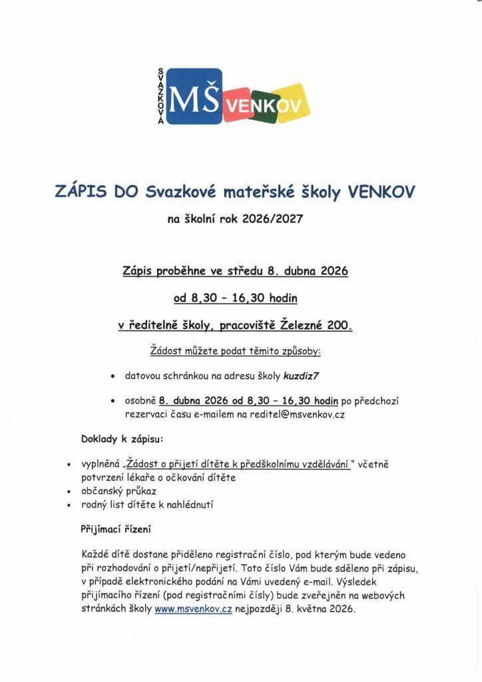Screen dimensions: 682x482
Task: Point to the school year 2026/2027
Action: [x=272, y=218]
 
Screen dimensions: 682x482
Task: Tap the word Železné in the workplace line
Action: [x=308, y=326]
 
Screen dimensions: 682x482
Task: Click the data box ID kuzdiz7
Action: [x=302, y=376]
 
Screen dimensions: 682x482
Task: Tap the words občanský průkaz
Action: [x=119, y=491]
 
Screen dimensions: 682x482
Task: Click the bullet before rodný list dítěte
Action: [x=69, y=506]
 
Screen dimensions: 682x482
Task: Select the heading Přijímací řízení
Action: [x=116, y=529]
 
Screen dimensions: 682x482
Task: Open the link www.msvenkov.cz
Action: [x=193, y=609]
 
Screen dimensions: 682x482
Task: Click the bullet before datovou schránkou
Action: [x=113, y=376]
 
